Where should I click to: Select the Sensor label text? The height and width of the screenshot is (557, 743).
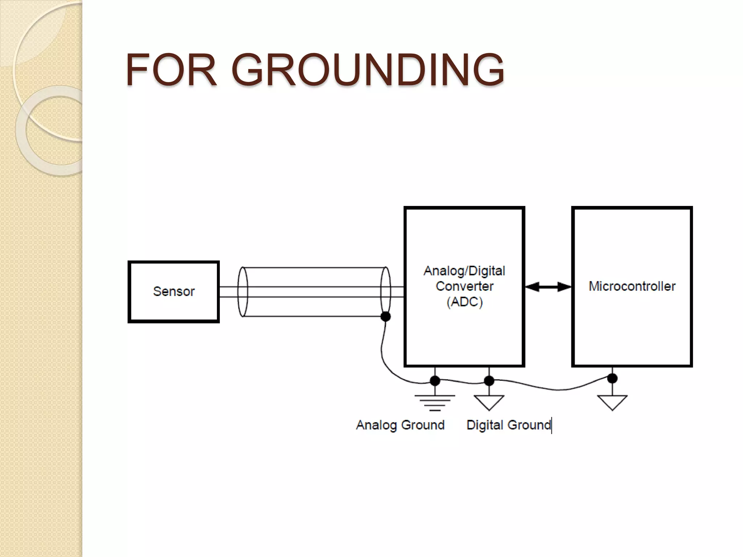(174, 292)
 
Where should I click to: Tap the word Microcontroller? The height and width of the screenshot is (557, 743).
(632, 286)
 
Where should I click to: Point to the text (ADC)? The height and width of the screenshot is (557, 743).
(464, 302)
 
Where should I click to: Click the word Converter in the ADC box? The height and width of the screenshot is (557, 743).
(464, 286)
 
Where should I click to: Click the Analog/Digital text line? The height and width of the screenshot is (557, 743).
(464, 271)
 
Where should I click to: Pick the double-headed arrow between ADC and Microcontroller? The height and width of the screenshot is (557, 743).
(548, 287)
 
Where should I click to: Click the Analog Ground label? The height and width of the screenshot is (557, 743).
(400, 425)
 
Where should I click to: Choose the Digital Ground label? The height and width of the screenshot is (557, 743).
(508, 425)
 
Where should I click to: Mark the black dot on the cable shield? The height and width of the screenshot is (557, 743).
(386, 317)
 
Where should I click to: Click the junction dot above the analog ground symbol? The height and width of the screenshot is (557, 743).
(435, 381)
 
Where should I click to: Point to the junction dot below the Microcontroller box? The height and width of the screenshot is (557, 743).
(612, 379)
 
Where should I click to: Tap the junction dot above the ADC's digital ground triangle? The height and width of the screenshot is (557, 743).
(489, 381)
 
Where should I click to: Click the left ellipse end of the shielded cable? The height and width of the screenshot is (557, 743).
(243, 292)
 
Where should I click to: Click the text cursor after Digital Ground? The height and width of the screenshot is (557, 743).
(551, 425)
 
